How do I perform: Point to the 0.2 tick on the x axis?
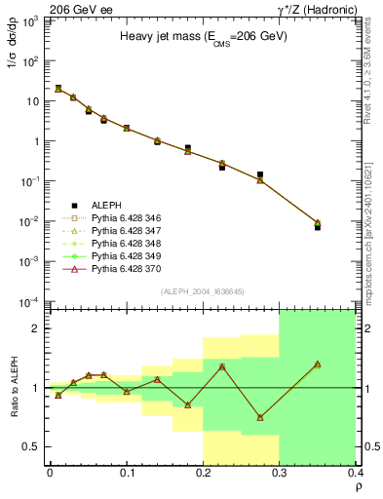[x=203, y=474]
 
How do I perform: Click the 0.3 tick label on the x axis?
[x=279, y=474]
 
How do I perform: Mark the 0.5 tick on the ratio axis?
[x=34, y=446]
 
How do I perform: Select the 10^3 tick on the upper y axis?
[x=32, y=20]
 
